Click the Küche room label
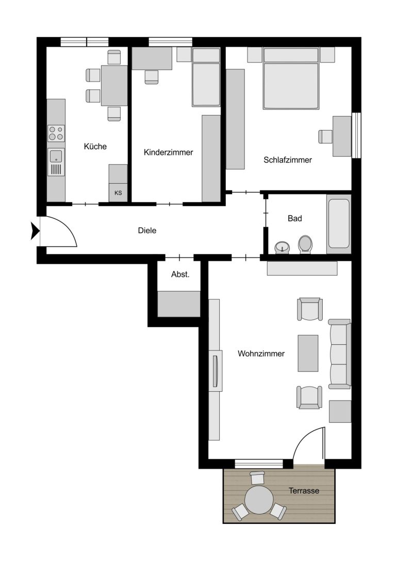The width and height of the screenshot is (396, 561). [95, 147]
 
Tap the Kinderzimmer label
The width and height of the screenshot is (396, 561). [168, 152]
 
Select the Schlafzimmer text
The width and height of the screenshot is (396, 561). [288, 160]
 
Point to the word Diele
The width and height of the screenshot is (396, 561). [147, 230]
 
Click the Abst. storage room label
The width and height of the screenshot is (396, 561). [180, 275]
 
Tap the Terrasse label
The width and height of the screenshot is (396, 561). [304, 491]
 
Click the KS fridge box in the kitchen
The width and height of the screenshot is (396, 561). [118, 193]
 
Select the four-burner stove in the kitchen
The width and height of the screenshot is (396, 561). [57, 133]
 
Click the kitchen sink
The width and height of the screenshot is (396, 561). [56, 162]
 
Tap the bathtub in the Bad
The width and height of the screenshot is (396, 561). [339, 224]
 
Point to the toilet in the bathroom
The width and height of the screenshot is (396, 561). [305, 245]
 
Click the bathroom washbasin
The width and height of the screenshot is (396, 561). [283, 247]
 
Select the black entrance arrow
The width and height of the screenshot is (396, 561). [35, 231]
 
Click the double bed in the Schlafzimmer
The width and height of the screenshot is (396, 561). [291, 78]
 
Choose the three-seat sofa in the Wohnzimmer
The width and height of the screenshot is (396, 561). [339, 354]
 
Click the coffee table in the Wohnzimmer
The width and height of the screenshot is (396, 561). [308, 354]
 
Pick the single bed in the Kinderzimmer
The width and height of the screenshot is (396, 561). [206, 77]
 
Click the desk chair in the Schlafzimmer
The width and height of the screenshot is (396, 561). [325, 136]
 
